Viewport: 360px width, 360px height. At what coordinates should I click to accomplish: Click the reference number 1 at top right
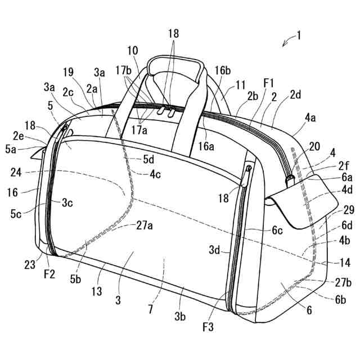pos(299,35)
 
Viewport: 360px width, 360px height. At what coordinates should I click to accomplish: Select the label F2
pos(49,274)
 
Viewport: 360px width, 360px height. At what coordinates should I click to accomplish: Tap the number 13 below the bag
pos(132,51)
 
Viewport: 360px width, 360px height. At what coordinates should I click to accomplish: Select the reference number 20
pos(314,146)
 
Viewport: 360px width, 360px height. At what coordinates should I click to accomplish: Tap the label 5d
pos(148,159)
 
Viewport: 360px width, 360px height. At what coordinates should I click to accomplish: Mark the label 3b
pos(179,316)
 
